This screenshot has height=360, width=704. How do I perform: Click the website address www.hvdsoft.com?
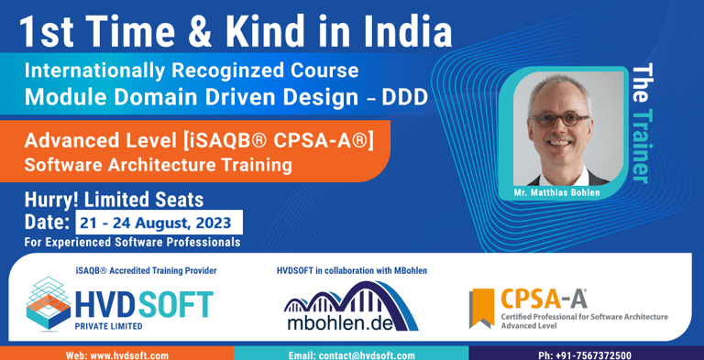pyautogui.click(x=116, y=355)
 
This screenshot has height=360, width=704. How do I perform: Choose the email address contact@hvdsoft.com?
pyautogui.click(x=352, y=355)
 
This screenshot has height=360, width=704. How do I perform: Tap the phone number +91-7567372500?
pyautogui.click(x=584, y=355)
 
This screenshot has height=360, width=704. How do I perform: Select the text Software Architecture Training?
pyautogui.click(x=159, y=165)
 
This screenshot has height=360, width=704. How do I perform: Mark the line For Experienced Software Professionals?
pyautogui.click(x=133, y=242)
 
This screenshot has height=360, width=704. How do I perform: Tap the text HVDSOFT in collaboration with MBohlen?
pyautogui.click(x=351, y=270)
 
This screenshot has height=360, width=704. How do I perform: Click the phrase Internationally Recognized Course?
pyautogui.click(x=192, y=70)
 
